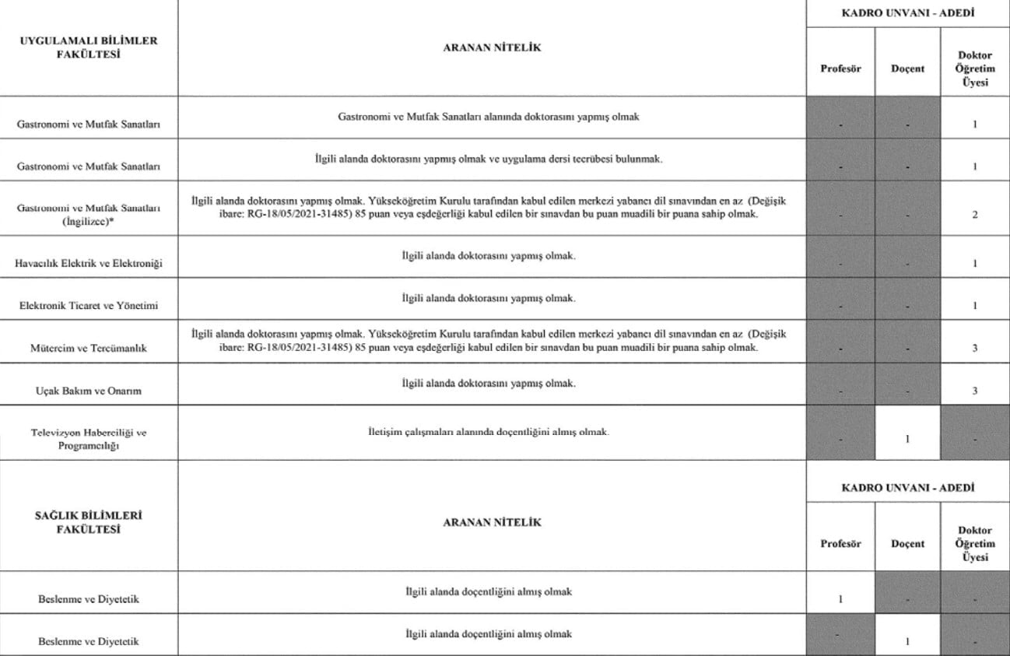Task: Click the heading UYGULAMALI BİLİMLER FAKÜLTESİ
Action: point(88,47)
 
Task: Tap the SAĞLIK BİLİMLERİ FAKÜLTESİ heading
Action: point(88,522)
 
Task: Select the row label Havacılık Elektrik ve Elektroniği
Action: point(88,264)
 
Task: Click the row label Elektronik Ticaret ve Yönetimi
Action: point(88,306)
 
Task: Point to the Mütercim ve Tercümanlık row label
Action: point(88,348)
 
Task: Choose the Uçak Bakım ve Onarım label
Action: point(88,391)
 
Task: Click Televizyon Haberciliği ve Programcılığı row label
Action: point(88,439)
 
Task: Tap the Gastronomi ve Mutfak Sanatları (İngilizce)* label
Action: point(88,214)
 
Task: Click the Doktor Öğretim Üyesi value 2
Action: point(974,215)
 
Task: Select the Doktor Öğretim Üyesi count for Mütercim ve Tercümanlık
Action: point(974,348)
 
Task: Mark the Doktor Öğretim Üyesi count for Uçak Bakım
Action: point(974,391)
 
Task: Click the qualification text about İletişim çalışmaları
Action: point(489,432)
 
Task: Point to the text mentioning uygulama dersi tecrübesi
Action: point(489,159)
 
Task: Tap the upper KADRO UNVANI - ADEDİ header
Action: point(907,13)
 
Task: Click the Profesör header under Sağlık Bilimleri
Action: point(840,544)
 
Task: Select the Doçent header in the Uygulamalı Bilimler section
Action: point(907,68)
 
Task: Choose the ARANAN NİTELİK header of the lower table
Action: point(491,522)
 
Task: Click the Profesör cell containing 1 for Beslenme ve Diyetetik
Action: point(840,599)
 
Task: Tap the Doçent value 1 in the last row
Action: point(907,642)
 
